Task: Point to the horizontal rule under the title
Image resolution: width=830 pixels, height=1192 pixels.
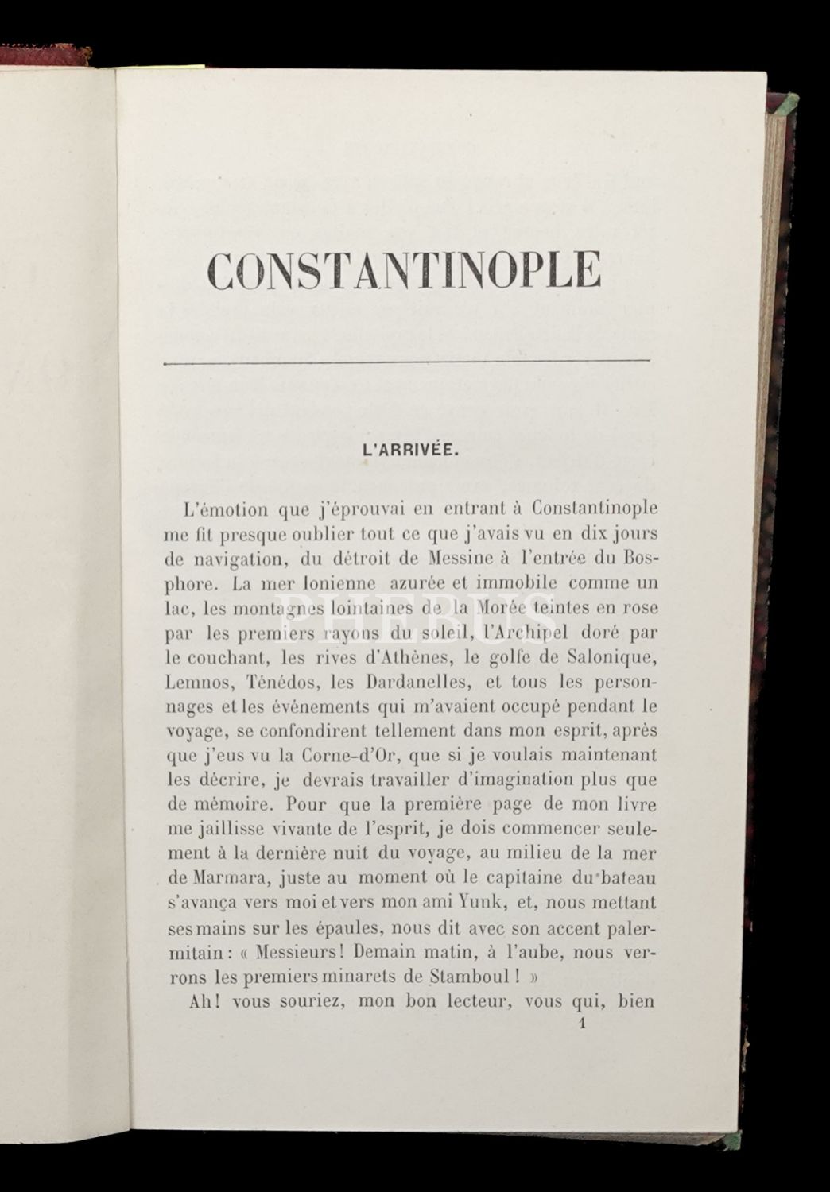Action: click(405, 362)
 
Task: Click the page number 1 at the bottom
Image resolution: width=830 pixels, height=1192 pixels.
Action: click(584, 1025)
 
